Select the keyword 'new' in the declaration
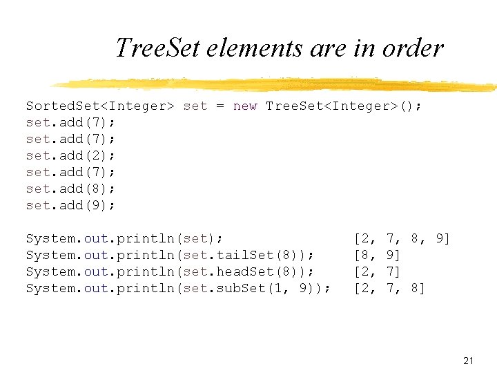(x=245, y=106)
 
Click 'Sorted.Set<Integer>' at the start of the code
(x=100, y=106)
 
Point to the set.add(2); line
(x=70, y=155)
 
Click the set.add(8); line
(x=70, y=189)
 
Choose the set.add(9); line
(x=70, y=205)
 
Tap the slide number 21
(x=469, y=361)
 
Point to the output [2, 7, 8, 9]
(x=402, y=239)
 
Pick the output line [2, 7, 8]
(x=389, y=289)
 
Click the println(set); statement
(x=124, y=239)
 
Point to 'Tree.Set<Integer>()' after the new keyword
(x=343, y=106)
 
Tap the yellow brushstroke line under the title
(x=276, y=84)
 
